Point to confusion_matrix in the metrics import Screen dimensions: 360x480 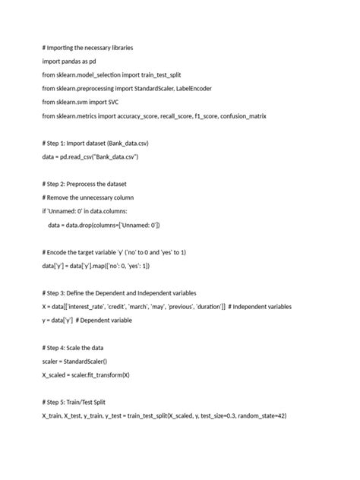pos(240,115)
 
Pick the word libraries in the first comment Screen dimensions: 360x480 pos(118,46)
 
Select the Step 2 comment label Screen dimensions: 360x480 pos(60,184)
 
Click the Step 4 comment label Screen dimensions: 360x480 pos(60,348)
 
